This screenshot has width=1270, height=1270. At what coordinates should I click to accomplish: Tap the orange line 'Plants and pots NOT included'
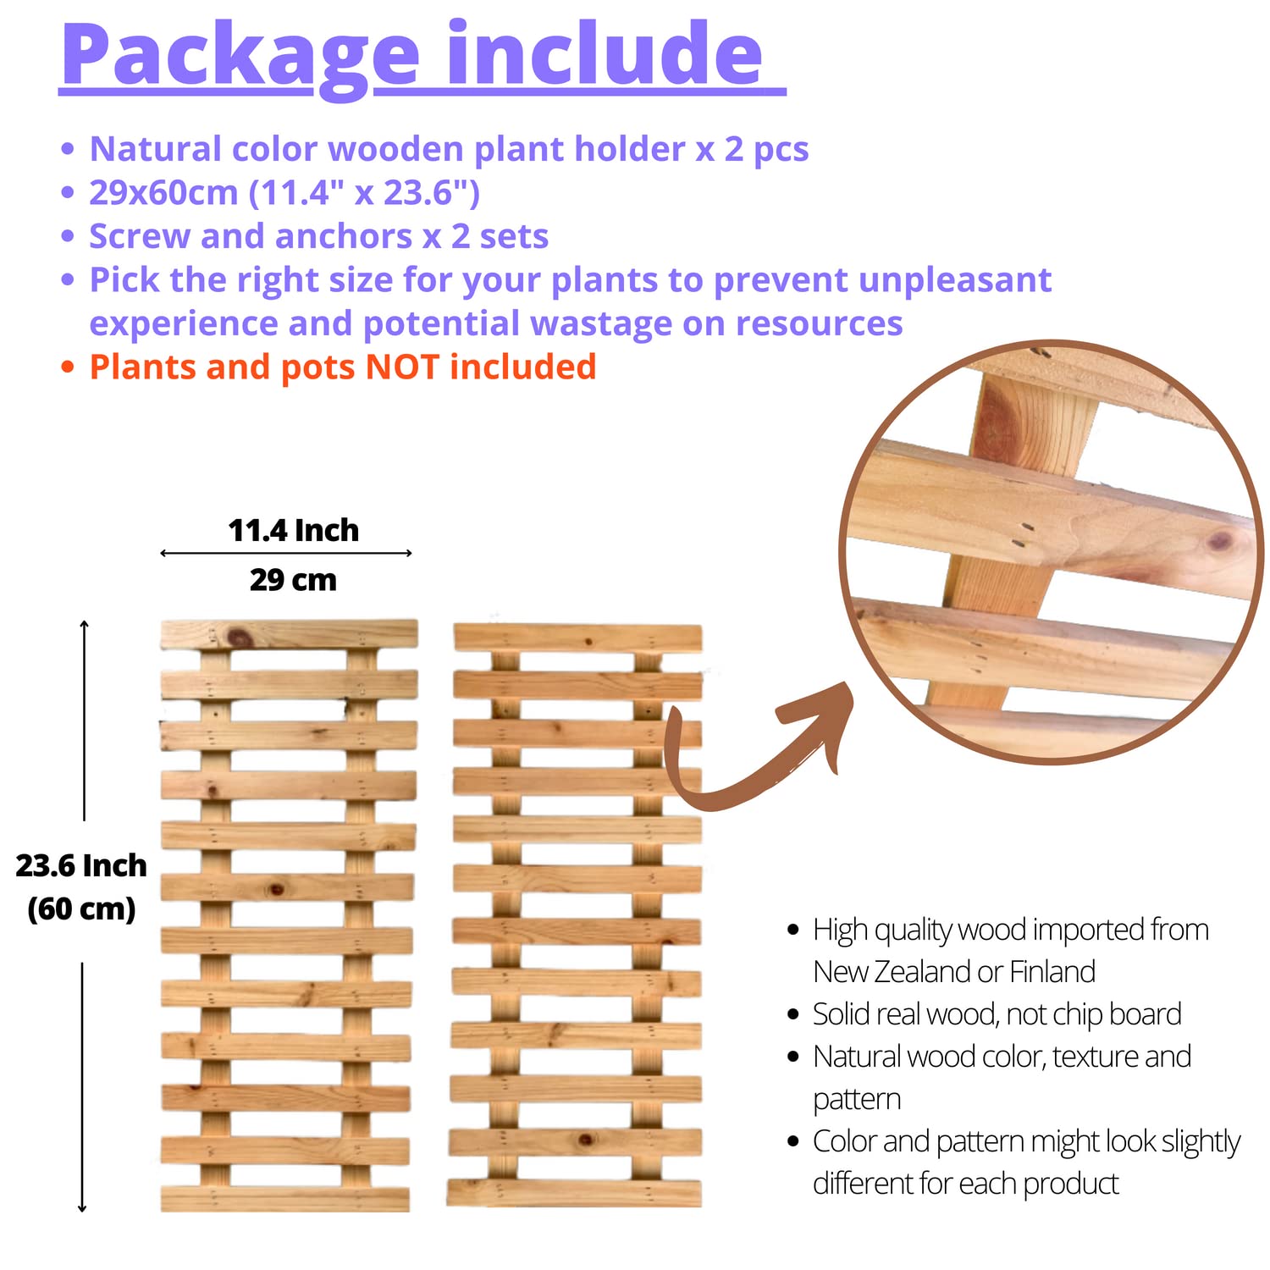tap(343, 367)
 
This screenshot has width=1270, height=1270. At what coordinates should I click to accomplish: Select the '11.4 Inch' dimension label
tap(294, 531)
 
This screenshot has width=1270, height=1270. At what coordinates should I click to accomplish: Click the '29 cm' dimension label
tap(293, 580)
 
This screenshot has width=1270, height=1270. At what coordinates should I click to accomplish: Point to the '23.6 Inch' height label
tap(81, 865)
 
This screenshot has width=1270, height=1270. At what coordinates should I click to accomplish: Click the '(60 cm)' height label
tap(81, 909)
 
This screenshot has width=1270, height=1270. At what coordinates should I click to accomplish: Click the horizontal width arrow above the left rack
tap(286, 553)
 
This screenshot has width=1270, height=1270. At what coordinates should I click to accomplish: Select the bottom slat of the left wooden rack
tap(285, 1199)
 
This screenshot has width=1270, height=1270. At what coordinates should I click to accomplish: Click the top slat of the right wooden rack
tap(577, 638)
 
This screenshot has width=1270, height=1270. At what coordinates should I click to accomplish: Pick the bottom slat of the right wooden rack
tap(574, 1192)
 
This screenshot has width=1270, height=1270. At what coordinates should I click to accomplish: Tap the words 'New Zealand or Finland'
tap(954, 971)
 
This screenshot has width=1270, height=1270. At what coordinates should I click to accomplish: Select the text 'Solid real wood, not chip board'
tap(997, 1013)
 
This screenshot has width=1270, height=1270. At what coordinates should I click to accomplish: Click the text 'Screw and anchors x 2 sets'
tap(319, 236)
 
